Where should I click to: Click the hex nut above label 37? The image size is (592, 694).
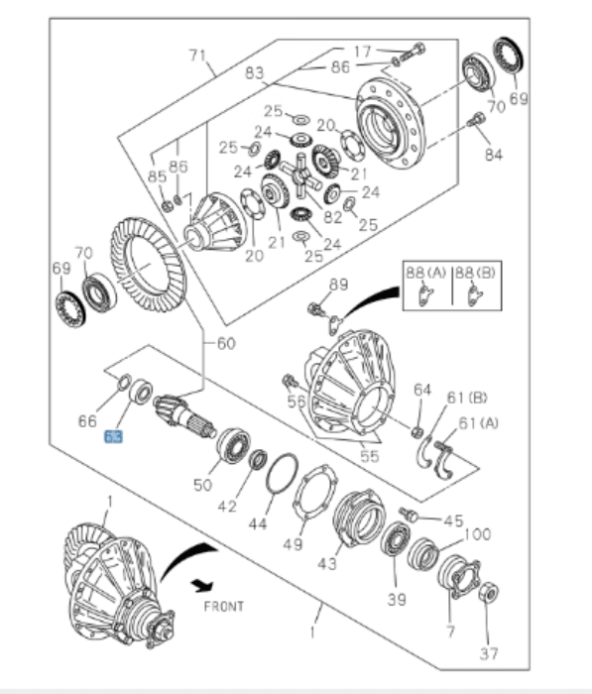click(x=487, y=595)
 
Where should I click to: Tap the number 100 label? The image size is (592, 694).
click(x=477, y=534)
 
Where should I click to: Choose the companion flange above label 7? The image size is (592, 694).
click(x=457, y=576)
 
